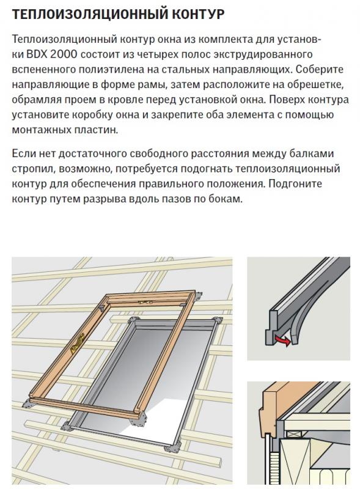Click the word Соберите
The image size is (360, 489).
pos(320,70)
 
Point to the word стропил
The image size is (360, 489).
pos(33,169)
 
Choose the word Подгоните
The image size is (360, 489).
pos(295,184)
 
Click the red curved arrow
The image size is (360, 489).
pos(282,341)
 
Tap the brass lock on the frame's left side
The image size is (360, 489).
pos(78,343)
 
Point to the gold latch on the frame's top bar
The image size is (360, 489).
pos(145,302)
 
